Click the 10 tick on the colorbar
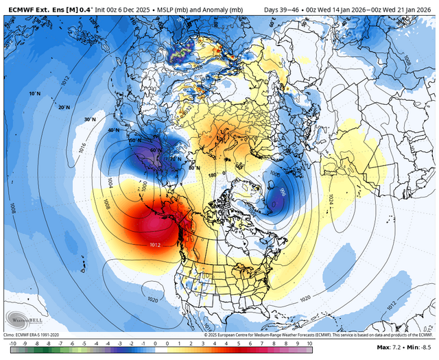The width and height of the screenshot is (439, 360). point(309,342)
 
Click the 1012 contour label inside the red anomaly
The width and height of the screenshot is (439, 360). point(154,243)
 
